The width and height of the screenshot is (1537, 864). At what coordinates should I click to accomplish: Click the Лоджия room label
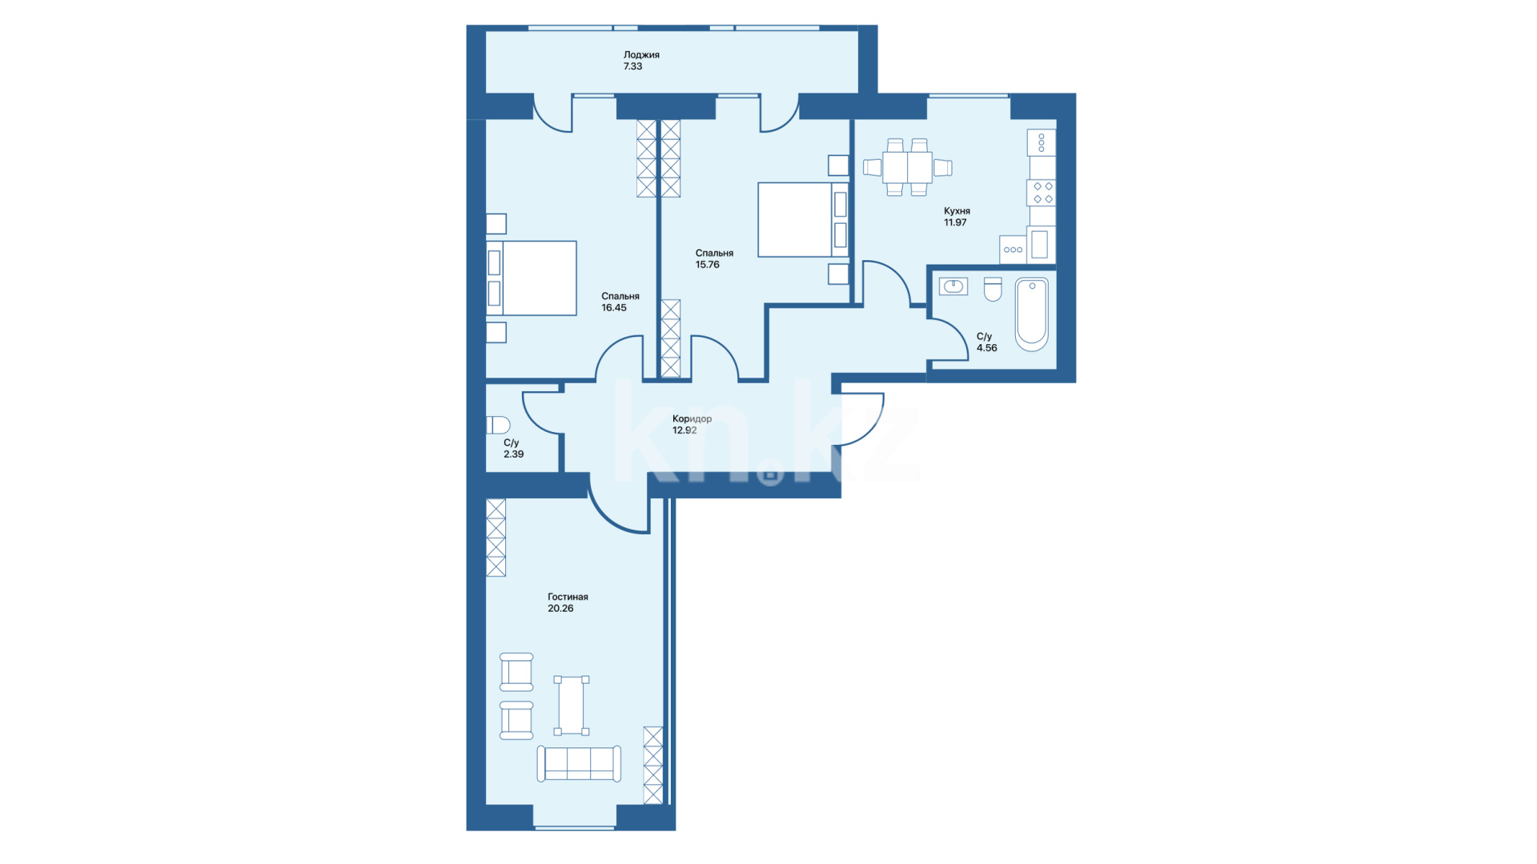coord(641,55)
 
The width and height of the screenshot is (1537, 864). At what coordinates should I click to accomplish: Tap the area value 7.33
coord(632,66)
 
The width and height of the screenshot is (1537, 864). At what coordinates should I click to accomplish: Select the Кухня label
coord(957,211)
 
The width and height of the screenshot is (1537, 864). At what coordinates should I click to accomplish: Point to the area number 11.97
coord(955,222)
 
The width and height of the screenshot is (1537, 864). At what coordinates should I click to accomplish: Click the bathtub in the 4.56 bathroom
coord(1032,314)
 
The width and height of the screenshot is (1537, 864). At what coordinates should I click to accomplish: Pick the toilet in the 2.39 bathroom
coord(498,425)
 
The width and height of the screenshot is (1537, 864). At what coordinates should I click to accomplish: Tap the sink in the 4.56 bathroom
coord(953,286)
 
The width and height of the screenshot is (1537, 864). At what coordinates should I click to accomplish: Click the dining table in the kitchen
coord(907,167)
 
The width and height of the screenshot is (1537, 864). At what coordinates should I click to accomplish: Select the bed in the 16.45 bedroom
coord(532,278)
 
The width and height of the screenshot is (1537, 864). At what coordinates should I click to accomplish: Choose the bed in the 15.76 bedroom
coord(803,220)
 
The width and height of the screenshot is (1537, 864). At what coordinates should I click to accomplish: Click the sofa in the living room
coord(579,763)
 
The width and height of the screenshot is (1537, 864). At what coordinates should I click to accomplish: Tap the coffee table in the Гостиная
coord(572,706)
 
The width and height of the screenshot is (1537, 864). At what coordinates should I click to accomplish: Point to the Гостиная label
coord(568,597)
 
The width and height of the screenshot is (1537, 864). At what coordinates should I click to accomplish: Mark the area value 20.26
coord(560,608)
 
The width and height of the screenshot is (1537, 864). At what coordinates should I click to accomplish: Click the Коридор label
coord(692,419)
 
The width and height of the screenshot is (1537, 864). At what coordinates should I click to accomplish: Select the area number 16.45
coord(614,307)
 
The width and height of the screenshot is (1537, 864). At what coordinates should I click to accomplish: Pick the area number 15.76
coord(708,264)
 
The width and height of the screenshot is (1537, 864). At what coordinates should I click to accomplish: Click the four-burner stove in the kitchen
coord(1042,193)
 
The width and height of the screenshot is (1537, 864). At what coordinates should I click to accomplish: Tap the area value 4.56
coord(987,348)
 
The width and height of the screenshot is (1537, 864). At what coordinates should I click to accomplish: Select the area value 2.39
coord(513,454)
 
